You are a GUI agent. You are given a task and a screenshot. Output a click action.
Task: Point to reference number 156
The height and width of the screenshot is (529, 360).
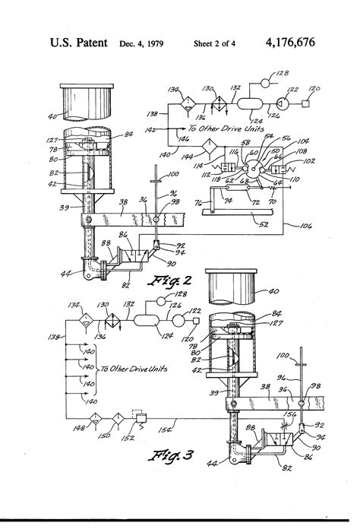[x=292, y=414]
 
